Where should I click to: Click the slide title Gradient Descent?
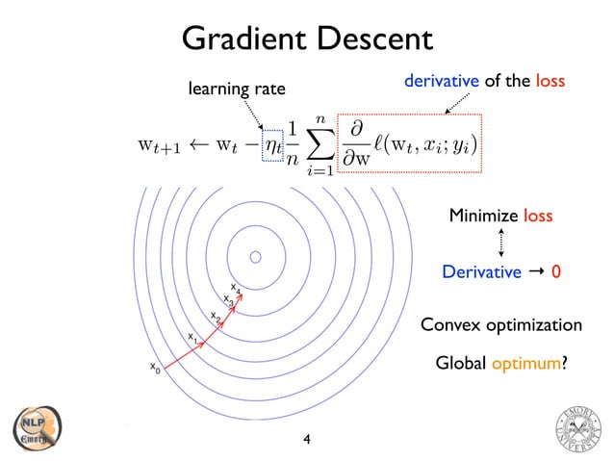(x=307, y=39)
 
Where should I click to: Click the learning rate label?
(x=237, y=90)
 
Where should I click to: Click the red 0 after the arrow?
(x=556, y=272)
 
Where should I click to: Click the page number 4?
(x=307, y=440)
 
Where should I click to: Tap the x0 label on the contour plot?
(x=154, y=367)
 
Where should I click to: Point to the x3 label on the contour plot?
(x=228, y=300)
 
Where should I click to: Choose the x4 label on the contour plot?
(x=236, y=286)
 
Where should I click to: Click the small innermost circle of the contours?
(x=256, y=258)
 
